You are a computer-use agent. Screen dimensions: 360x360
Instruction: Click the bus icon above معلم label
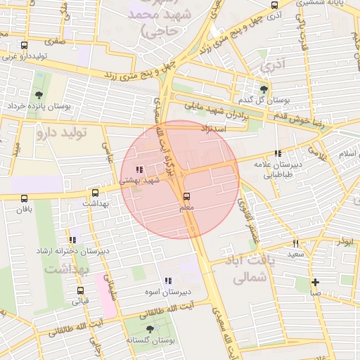coord(186,197)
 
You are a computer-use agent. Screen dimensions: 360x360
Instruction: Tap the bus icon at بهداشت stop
coord(96,192)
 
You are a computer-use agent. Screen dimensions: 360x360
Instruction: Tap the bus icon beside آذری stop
coord(275,6)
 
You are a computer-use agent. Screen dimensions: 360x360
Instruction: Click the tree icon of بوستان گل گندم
coord(264,89)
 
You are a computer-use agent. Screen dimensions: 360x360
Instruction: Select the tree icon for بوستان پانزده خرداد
coord(38,95)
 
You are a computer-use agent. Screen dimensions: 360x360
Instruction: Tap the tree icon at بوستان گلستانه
coord(149,329)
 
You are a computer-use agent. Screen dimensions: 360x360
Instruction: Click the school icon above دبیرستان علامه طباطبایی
coord(278,153)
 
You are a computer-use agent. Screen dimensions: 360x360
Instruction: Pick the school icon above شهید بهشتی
coord(139,169)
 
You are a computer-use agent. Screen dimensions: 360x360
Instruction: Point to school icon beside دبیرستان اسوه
coord(167,281)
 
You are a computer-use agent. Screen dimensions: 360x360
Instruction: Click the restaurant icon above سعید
coord(295,243)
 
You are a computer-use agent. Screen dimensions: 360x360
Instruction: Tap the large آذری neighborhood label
coord(273,65)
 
